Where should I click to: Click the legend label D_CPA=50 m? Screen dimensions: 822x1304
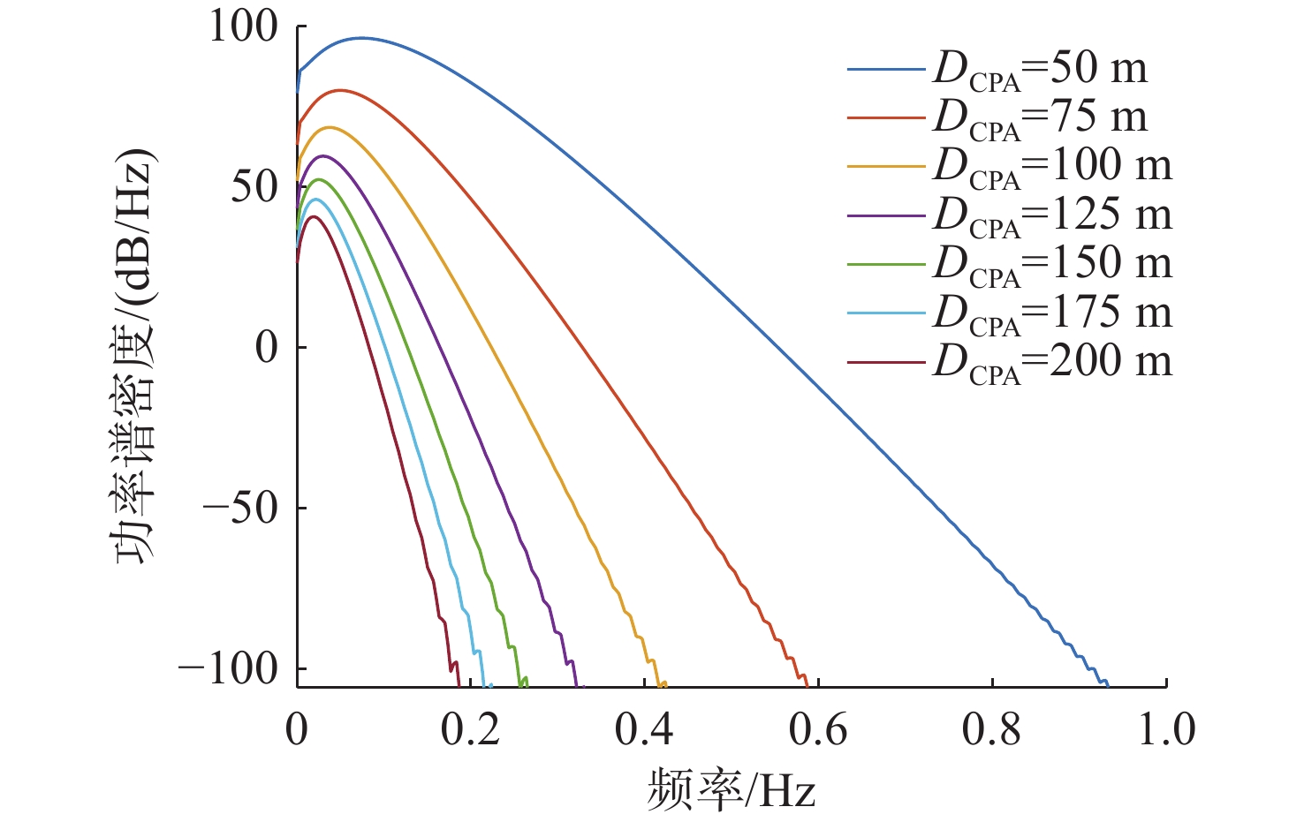(1041, 71)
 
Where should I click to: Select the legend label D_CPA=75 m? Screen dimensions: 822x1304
(1041, 119)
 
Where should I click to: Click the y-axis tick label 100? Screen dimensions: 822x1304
(243, 27)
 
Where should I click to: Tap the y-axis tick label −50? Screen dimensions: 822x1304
(241, 509)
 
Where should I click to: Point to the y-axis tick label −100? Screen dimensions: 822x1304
(229, 669)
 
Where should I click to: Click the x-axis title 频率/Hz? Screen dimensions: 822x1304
(732, 788)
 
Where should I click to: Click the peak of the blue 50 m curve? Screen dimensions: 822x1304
(361, 38)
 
